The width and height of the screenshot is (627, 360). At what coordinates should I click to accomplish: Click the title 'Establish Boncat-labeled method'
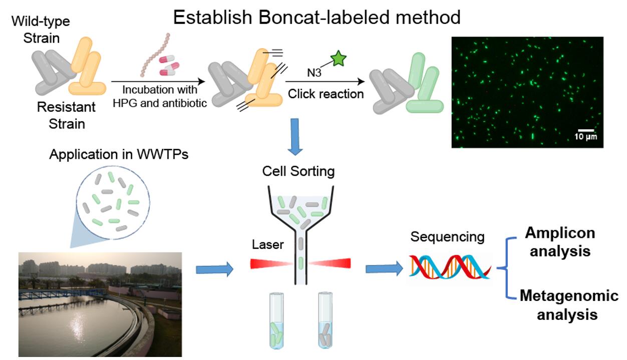pos(317,18)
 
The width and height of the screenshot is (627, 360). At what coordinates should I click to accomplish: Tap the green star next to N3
pos(339,59)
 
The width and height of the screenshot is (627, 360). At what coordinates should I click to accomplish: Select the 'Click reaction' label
pos(326,94)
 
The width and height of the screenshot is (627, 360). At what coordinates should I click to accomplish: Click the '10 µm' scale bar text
pos(585,137)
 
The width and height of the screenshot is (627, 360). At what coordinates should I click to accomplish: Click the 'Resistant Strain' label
pos(67,116)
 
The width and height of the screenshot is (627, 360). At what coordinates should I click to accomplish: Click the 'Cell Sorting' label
pos(298,172)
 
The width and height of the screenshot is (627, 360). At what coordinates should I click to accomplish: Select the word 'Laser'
pos(268,245)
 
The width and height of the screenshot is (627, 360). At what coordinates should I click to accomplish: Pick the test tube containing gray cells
pos(326,320)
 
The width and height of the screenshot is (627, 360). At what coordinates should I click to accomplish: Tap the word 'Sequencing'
pos(447,236)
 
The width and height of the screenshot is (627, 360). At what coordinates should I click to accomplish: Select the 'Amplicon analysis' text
pos(559,241)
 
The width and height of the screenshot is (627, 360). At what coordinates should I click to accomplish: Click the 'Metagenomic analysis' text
pos(568,304)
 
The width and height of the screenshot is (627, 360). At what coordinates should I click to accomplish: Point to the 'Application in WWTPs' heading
pos(119,154)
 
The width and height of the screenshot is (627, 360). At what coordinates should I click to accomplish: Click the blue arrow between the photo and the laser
pos(214,269)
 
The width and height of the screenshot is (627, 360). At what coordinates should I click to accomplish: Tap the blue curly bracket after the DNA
pos(507,268)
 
